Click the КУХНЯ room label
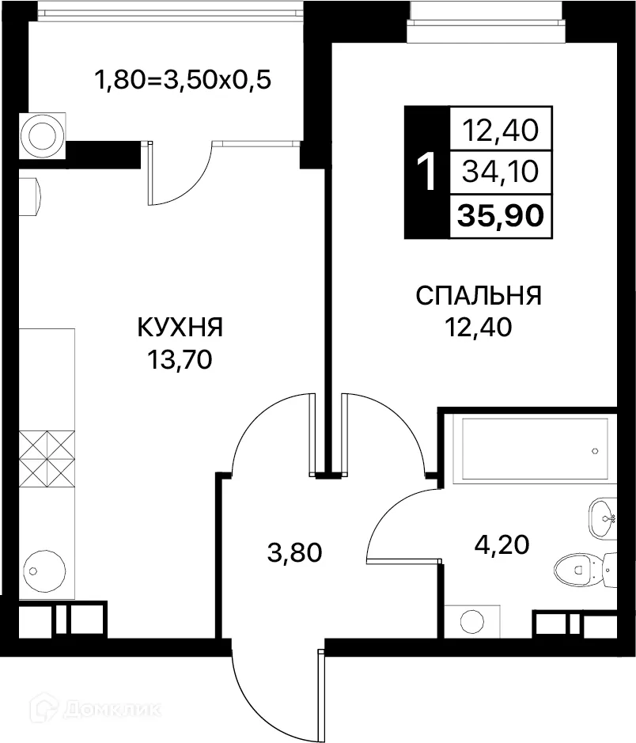pos(180,327)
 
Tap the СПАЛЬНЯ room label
pos(479,296)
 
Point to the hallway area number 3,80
pos(295,551)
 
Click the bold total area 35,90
pos(501,214)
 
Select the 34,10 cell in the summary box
pos(501,170)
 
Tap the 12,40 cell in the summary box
pos(501,128)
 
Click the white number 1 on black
pos(426,172)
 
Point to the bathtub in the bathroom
pos(535,449)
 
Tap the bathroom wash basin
pos(604,518)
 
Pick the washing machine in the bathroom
pos(471,620)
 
